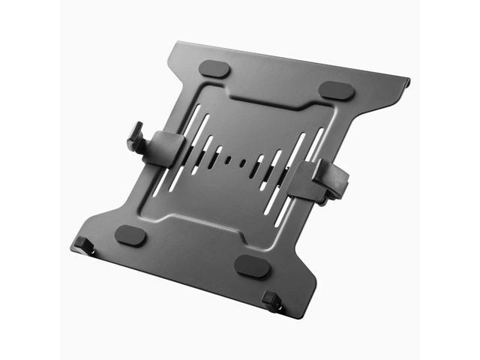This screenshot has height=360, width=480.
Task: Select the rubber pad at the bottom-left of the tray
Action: tap(131, 235)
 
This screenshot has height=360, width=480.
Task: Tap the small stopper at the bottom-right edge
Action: tap(271, 301)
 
